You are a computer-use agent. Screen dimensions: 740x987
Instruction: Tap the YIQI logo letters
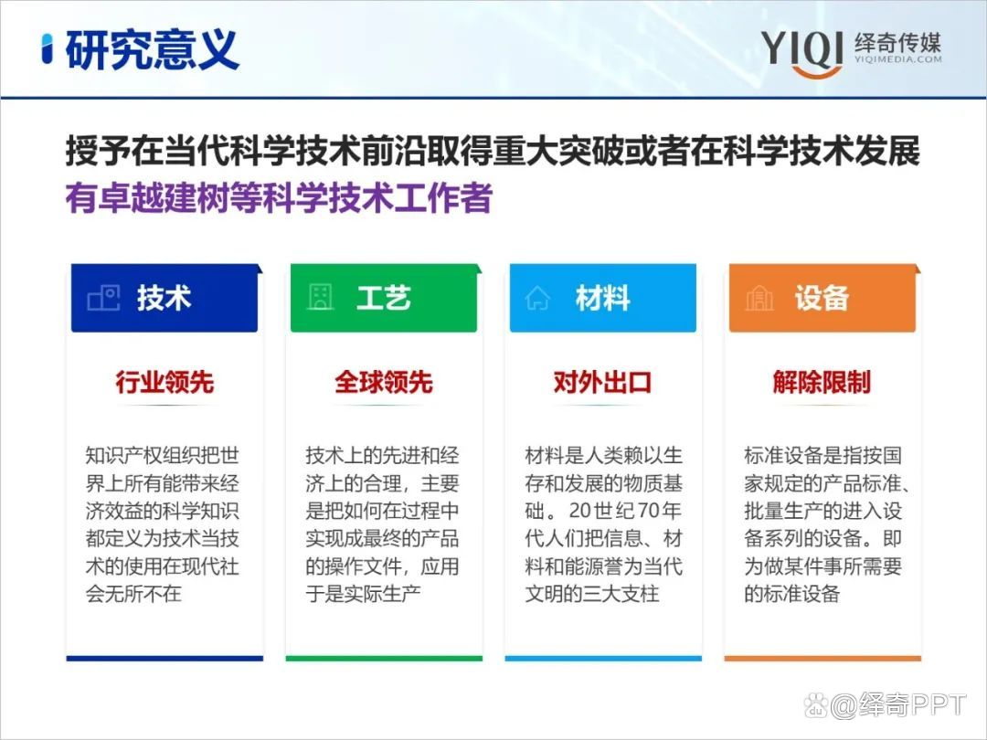(801, 48)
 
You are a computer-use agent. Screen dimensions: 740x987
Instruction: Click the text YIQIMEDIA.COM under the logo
(897, 59)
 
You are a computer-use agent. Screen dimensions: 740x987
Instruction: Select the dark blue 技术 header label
(164, 298)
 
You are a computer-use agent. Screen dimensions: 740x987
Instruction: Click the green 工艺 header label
(383, 298)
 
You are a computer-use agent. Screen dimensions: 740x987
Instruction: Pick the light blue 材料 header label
(602, 298)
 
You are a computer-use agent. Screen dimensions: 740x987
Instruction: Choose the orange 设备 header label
(822, 298)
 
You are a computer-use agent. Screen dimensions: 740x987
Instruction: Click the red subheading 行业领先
(164, 382)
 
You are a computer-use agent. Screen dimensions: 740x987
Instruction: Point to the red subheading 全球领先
(384, 382)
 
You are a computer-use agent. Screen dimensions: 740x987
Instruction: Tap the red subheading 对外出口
(603, 382)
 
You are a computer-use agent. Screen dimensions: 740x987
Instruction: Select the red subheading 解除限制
(822, 382)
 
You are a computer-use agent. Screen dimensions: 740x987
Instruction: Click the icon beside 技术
(103, 298)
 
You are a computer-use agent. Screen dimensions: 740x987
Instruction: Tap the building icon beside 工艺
(320, 298)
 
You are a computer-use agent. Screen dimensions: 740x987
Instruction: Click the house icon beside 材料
(537, 298)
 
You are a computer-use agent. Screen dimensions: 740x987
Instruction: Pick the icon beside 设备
(759, 298)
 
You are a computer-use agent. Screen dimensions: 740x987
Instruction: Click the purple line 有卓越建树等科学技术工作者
(279, 198)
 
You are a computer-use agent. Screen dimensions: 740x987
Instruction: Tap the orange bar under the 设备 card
(822, 658)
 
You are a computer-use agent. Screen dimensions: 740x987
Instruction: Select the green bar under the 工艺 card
(384, 658)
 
